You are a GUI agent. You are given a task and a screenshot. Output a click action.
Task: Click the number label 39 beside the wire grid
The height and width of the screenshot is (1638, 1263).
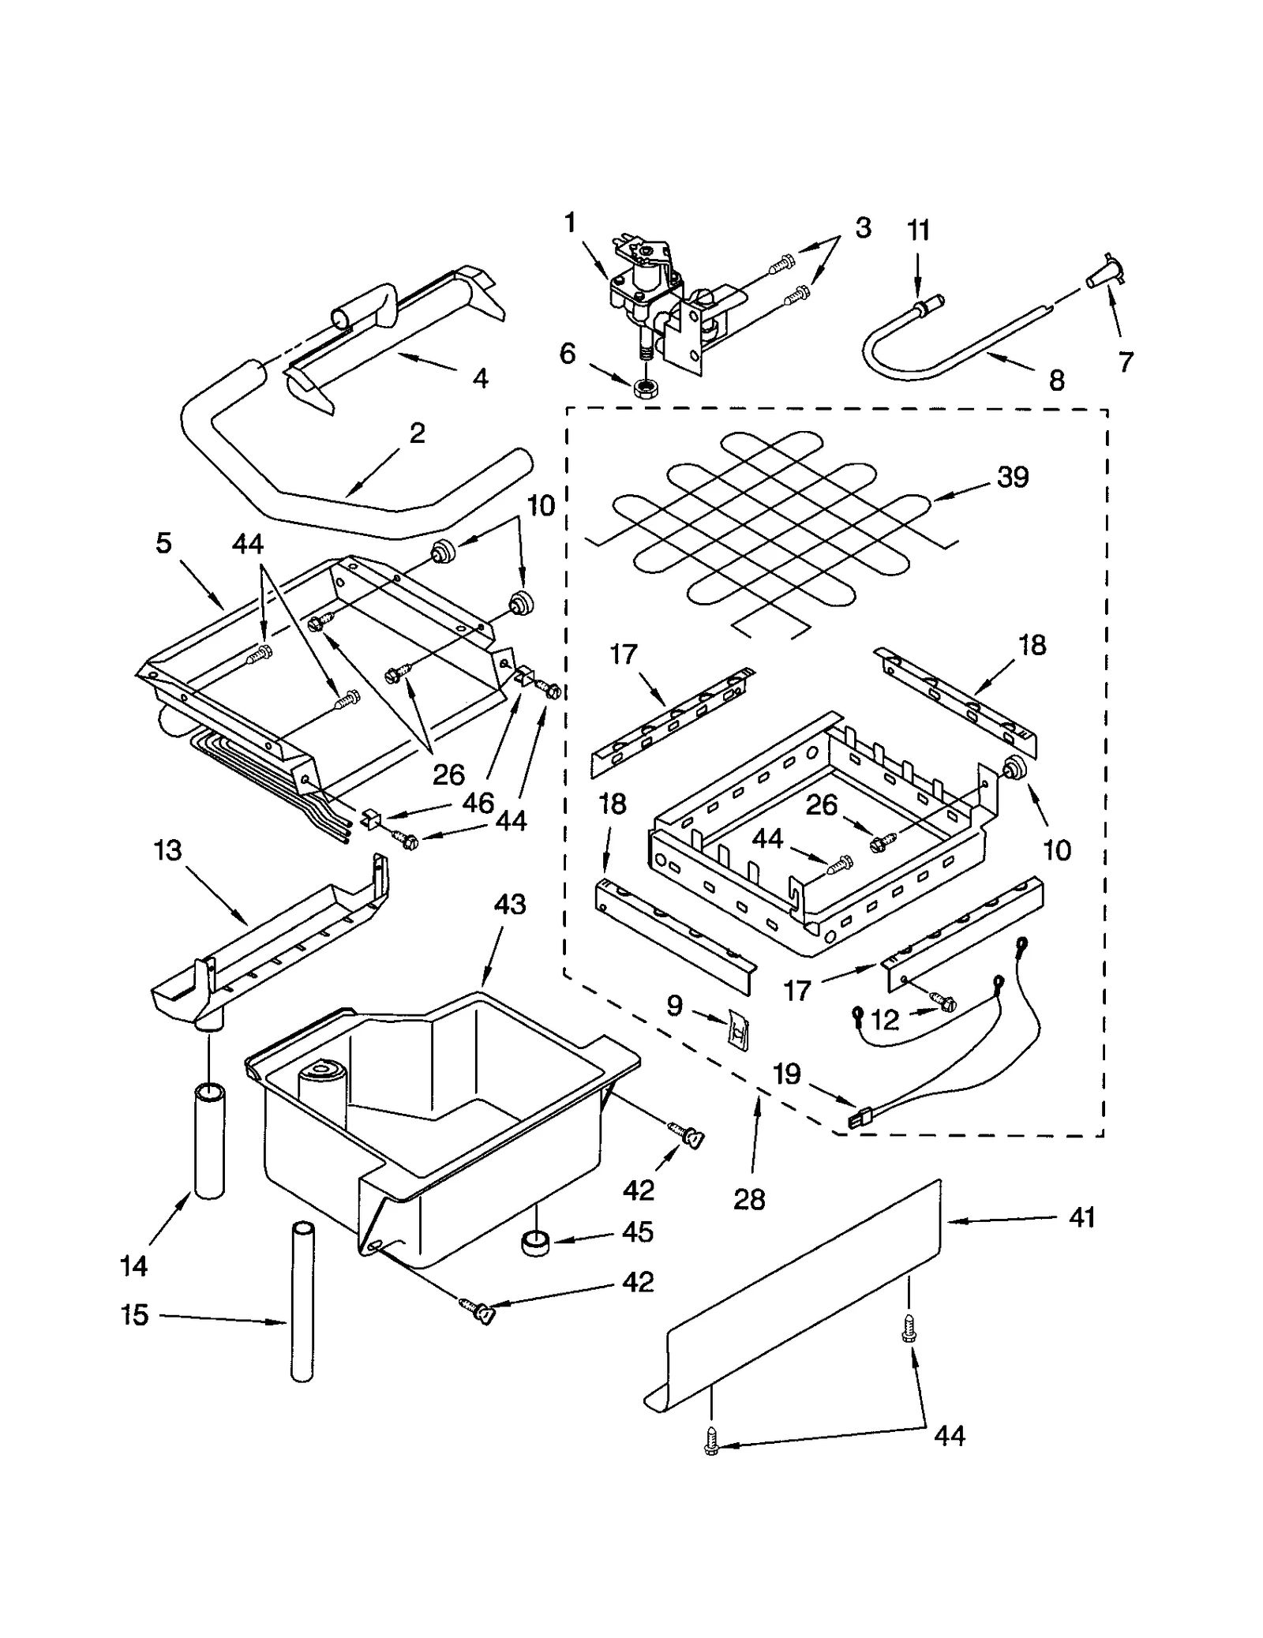pyautogui.click(x=1013, y=477)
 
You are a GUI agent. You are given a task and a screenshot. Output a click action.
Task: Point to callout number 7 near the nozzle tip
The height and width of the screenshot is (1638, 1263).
pyautogui.click(x=1126, y=362)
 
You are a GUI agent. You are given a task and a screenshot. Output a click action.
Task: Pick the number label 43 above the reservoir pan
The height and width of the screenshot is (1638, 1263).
pyautogui.click(x=509, y=904)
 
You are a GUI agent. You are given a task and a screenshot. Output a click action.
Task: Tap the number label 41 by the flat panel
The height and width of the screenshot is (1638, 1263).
pyautogui.click(x=1081, y=1217)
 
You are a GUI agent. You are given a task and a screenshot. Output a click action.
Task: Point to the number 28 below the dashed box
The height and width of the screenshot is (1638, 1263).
pyautogui.click(x=749, y=1199)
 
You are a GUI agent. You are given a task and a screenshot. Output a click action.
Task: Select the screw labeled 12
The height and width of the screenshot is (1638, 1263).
pyautogui.click(x=943, y=1003)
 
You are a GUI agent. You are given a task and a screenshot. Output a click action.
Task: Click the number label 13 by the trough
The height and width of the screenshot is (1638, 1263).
pyautogui.click(x=167, y=850)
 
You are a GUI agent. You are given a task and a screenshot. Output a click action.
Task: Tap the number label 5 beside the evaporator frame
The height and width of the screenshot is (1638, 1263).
pyautogui.click(x=163, y=543)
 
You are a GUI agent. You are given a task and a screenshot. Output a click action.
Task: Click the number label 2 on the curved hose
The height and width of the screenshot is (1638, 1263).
pyautogui.click(x=417, y=433)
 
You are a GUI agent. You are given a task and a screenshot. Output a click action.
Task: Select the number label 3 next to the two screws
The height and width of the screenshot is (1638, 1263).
pyautogui.click(x=863, y=227)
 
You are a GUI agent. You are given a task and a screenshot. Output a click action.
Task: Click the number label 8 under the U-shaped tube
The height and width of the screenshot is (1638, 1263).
pyautogui.click(x=1056, y=380)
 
